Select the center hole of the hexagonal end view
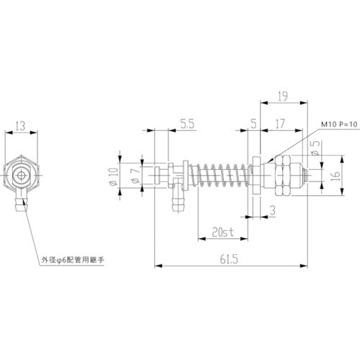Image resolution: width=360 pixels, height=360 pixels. tap(23, 174)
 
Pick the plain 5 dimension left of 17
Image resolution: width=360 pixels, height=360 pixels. tap(253, 124)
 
